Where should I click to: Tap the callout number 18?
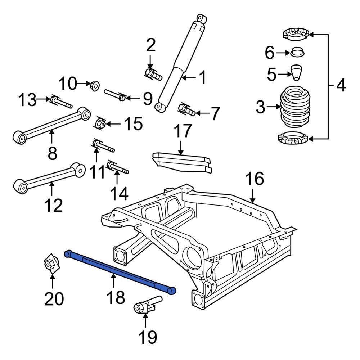coord(115,297)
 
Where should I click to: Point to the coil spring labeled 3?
coord(294,108)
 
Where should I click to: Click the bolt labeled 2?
coord(153,74)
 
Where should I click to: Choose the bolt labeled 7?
coord(186,109)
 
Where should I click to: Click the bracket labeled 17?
coord(182,160)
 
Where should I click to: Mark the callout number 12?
coord(54,205)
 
